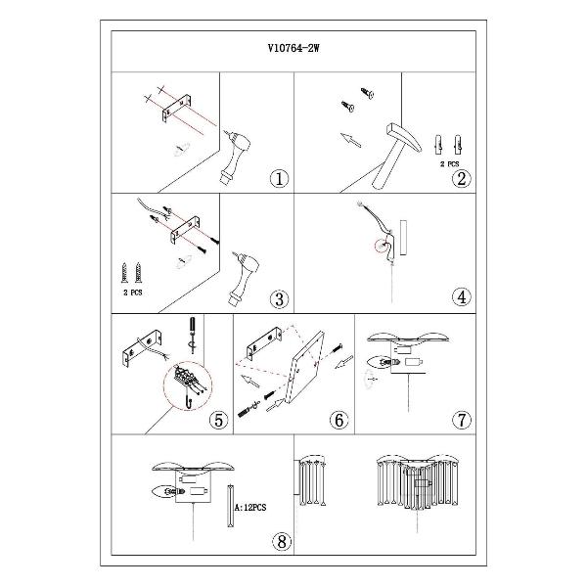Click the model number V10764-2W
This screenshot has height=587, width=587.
pyautogui.click(x=293, y=48)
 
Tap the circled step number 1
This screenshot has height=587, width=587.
pyautogui.click(x=279, y=179)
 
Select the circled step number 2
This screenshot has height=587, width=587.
pyautogui.click(x=461, y=179)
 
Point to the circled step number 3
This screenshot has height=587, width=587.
pyautogui.click(x=279, y=299)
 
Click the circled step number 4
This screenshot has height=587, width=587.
pyautogui.click(x=462, y=296)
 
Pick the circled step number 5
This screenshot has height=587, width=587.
pyautogui.click(x=218, y=420)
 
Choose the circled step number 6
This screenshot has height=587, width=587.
pyautogui.click(x=339, y=420)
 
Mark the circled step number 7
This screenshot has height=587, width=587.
pyautogui.click(x=462, y=420)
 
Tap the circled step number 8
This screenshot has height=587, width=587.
pyautogui.click(x=282, y=541)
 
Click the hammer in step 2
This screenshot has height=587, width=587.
pyautogui.click(x=393, y=154)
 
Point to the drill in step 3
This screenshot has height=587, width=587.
pyautogui.click(x=244, y=277)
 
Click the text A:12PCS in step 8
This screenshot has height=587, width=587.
pyautogui.click(x=250, y=508)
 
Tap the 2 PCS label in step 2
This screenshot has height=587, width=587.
pyautogui.click(x=449, y=164)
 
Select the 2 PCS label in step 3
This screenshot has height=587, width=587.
pyautogui.click(x=133, y=293)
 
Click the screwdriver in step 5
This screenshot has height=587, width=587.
pyautogui.click(x=193, y=335)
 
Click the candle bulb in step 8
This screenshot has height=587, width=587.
pyautogui.click(x=169, y=491)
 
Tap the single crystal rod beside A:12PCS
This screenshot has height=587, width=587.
pyautogui.click(x=231, y=506)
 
